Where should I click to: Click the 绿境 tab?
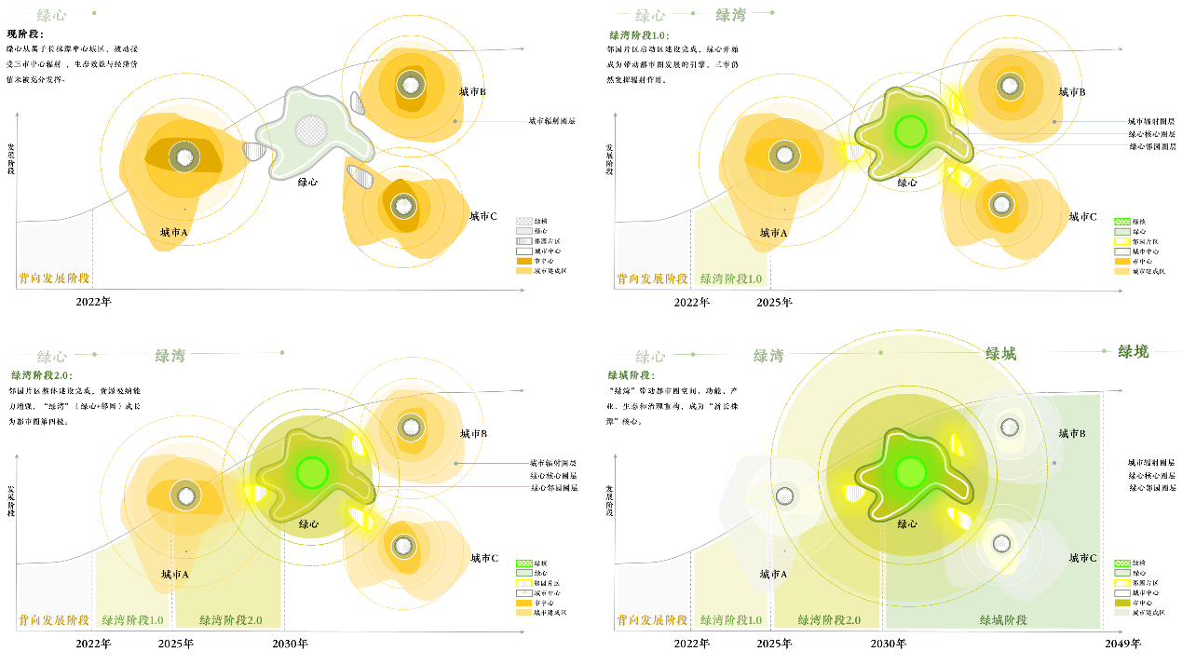click(x=1133, y=351)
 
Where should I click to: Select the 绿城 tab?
click(x=1001, y=353)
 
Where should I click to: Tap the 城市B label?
click(x=1072, y=433)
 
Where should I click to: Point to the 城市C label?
click(x=1082, y=558)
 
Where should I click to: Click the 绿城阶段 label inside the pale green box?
click(x=1003, y=619)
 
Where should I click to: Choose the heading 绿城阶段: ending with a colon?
click(x=631, y=375)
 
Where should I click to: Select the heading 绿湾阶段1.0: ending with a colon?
click(x=639, y=35)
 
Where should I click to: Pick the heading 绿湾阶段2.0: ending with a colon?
click(x=41, y=375)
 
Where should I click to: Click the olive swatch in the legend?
click(x=1122, y=603)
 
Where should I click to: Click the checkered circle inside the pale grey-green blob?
click(x=311, y=129)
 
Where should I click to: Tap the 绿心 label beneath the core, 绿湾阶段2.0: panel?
click(x=308, y=524)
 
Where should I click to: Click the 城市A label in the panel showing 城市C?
click(x=773, y=574)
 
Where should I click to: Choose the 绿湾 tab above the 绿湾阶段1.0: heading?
click(x=730, y=15)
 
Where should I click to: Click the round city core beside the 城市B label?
click(x=1010, y=427)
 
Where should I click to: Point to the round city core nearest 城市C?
click(x=1001, y=543)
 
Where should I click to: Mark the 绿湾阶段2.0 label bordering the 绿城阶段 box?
click(x=828, y=619)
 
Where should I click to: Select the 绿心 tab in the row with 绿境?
click(x=650, y=356)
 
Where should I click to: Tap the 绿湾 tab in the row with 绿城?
click(x=768, y=356)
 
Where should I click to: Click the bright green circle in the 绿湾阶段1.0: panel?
click(x=910, y=131)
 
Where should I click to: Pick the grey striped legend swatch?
click(x=524, y=241)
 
